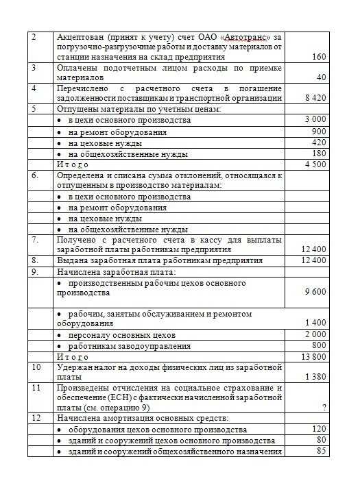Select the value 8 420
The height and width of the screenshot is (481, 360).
[x=315, y=98]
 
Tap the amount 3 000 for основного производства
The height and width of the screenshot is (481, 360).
[x=315, y=120]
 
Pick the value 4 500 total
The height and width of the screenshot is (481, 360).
[x=315, y=164]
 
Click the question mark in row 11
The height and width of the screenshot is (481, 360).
[x=322, y=407]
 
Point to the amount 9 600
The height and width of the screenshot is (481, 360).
[x=315, y=293]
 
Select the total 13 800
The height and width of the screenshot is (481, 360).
[x=314, y=356]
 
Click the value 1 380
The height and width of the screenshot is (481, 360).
[x=315, y=377]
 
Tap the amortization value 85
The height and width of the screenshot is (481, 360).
[x=321, y=451]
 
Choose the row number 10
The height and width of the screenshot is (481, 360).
[x=37, y=367]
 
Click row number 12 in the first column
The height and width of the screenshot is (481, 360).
[x=37, y=417]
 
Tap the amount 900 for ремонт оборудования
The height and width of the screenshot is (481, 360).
[x=319, y=131]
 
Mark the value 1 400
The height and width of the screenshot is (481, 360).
[x=315, y=323]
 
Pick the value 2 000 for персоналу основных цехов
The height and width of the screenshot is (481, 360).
[x=315, y=334]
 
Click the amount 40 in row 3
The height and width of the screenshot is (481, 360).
[x=321, y=77]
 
